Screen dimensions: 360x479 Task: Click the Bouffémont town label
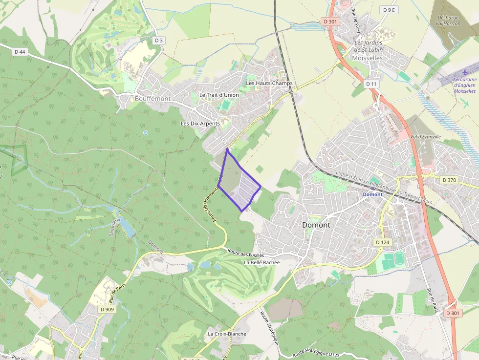(152, 99)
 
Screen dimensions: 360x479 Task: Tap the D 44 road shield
(20, 51)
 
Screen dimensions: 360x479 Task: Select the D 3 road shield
(158, 40)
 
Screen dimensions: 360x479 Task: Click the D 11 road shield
(371, 84)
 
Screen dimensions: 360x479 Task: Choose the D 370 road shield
(449, 180)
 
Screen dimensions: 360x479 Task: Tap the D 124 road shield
(383, 242)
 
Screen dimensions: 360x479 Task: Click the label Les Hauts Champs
(269, 84)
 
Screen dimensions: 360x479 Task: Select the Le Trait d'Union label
(219, 95)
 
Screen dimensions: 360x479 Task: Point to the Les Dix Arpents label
(200, 124)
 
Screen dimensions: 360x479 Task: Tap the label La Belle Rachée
(261, 262)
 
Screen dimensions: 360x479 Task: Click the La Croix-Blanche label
(227, 334)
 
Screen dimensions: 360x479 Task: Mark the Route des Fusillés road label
(246, 253)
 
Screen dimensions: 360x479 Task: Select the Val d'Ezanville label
(426, 137)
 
